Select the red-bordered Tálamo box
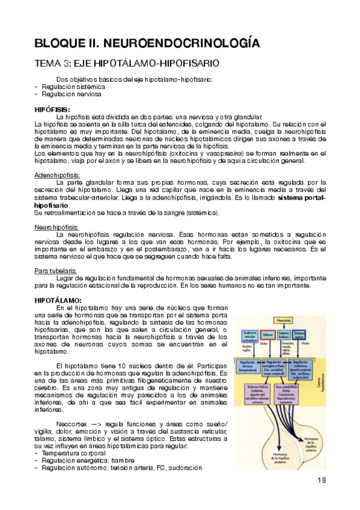[269, 334]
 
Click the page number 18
[321, 479]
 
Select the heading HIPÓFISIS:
[52, 109]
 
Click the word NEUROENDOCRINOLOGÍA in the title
[180, 43]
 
